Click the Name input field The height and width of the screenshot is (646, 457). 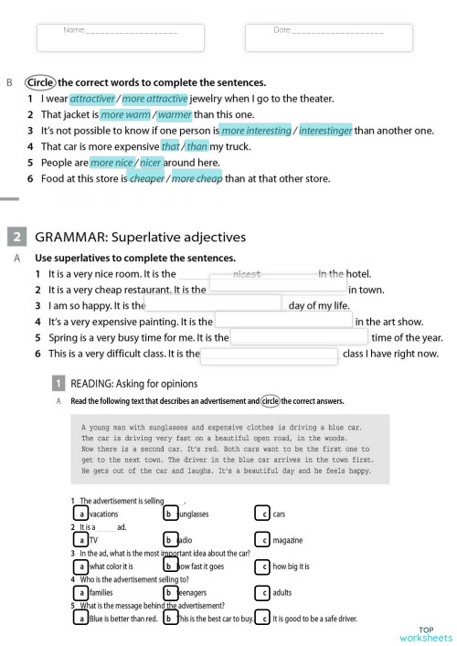point(120,36)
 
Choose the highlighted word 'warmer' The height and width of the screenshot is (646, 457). point(176,115)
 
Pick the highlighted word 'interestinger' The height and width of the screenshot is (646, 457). point(325,131)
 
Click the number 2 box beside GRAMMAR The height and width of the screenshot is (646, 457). point(17,238)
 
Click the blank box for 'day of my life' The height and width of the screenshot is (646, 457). point(214,304)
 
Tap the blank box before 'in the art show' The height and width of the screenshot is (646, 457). point(282,321)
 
